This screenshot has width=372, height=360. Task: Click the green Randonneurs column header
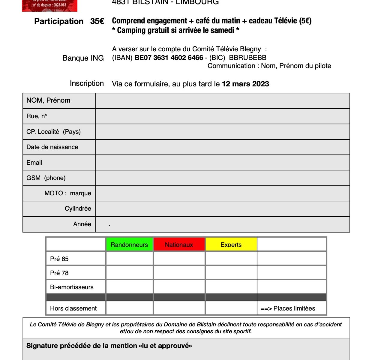[x=129, y=244]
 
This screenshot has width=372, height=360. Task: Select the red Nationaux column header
[x=179, y=244]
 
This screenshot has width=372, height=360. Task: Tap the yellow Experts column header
[x=231, y=244]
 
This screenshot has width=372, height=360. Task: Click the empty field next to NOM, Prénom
[x=223, y=101]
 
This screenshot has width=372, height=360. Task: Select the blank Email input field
[x=223, y=163]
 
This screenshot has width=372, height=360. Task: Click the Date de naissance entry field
[x=223, y=147]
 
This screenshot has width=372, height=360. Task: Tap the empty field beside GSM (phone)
[x=223, y=178]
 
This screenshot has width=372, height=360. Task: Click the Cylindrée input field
[x=223, y=209]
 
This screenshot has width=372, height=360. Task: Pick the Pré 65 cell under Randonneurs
[x=129, y=258]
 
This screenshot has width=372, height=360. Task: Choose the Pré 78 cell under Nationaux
[x=179, y=272]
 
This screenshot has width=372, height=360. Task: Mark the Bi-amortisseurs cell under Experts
[x=231, y=286]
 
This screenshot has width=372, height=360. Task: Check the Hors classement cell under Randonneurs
[x=129, y=308]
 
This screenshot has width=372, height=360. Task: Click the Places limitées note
[x=288, y=308]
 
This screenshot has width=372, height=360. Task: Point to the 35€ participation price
[x=97, y=21]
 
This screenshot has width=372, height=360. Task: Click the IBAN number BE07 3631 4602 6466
[x=169, y=58]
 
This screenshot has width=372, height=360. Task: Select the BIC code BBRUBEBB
[x=247, y=58]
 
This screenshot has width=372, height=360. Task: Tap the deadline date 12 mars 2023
[x=245, y=84]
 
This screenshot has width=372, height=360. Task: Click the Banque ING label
[x=83, y=58]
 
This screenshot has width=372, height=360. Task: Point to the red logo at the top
[x=49, y=5]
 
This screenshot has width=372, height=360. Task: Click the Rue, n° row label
[x=37, y=116]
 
